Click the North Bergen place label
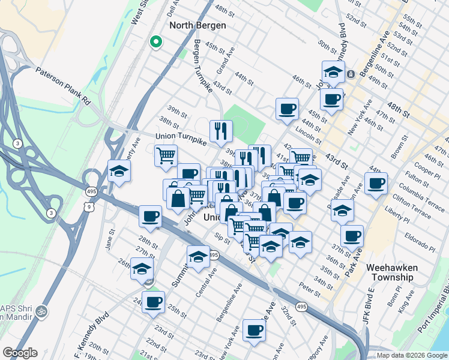pyautogui.click(x=197, y=25)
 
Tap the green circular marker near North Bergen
pyautogui.click(x=155, y=42)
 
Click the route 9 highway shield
pyautogui.click(x=89, y=207)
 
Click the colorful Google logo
pyautogui.click(x=20, y=353)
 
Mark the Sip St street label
pyautogui.click(x=222, y=239)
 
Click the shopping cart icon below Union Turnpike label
pyautogui.click(x=166, y=156)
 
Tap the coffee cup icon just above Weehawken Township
pyautogui.click(x=352, y=235)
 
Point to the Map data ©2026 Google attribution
pyautogui.click(x=412, y=355)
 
